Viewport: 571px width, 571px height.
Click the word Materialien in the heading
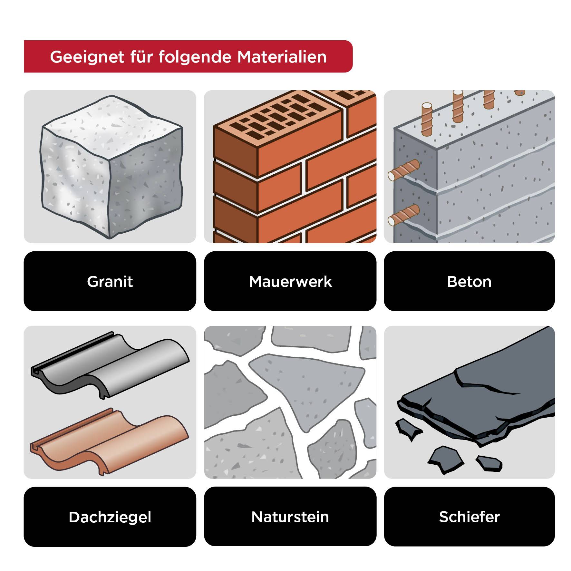282,57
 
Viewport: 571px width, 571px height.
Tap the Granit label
110,281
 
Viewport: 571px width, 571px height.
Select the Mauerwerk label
290,281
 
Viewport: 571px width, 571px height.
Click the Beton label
469,281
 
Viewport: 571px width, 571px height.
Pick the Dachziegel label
110,517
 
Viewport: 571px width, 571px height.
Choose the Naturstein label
290,517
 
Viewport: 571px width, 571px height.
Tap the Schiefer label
469,517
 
